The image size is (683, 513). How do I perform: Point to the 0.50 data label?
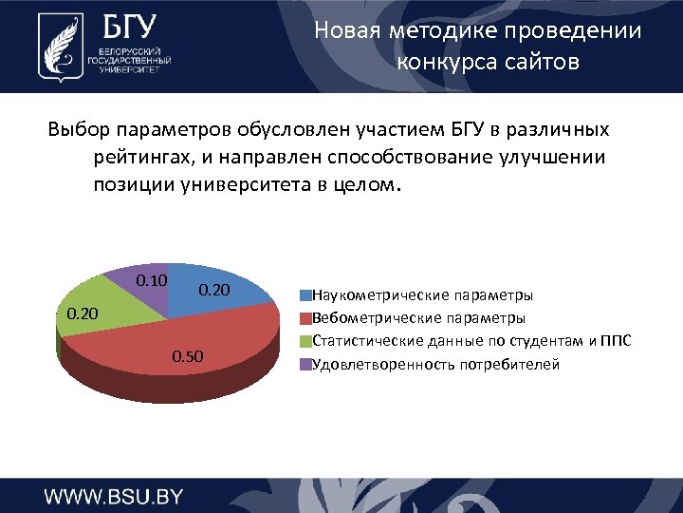pos(187,356)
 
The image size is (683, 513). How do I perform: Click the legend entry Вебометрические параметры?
pos(418,317)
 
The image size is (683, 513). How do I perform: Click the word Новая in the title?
pos(344,30)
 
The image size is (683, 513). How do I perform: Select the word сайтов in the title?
pos(540,63)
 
